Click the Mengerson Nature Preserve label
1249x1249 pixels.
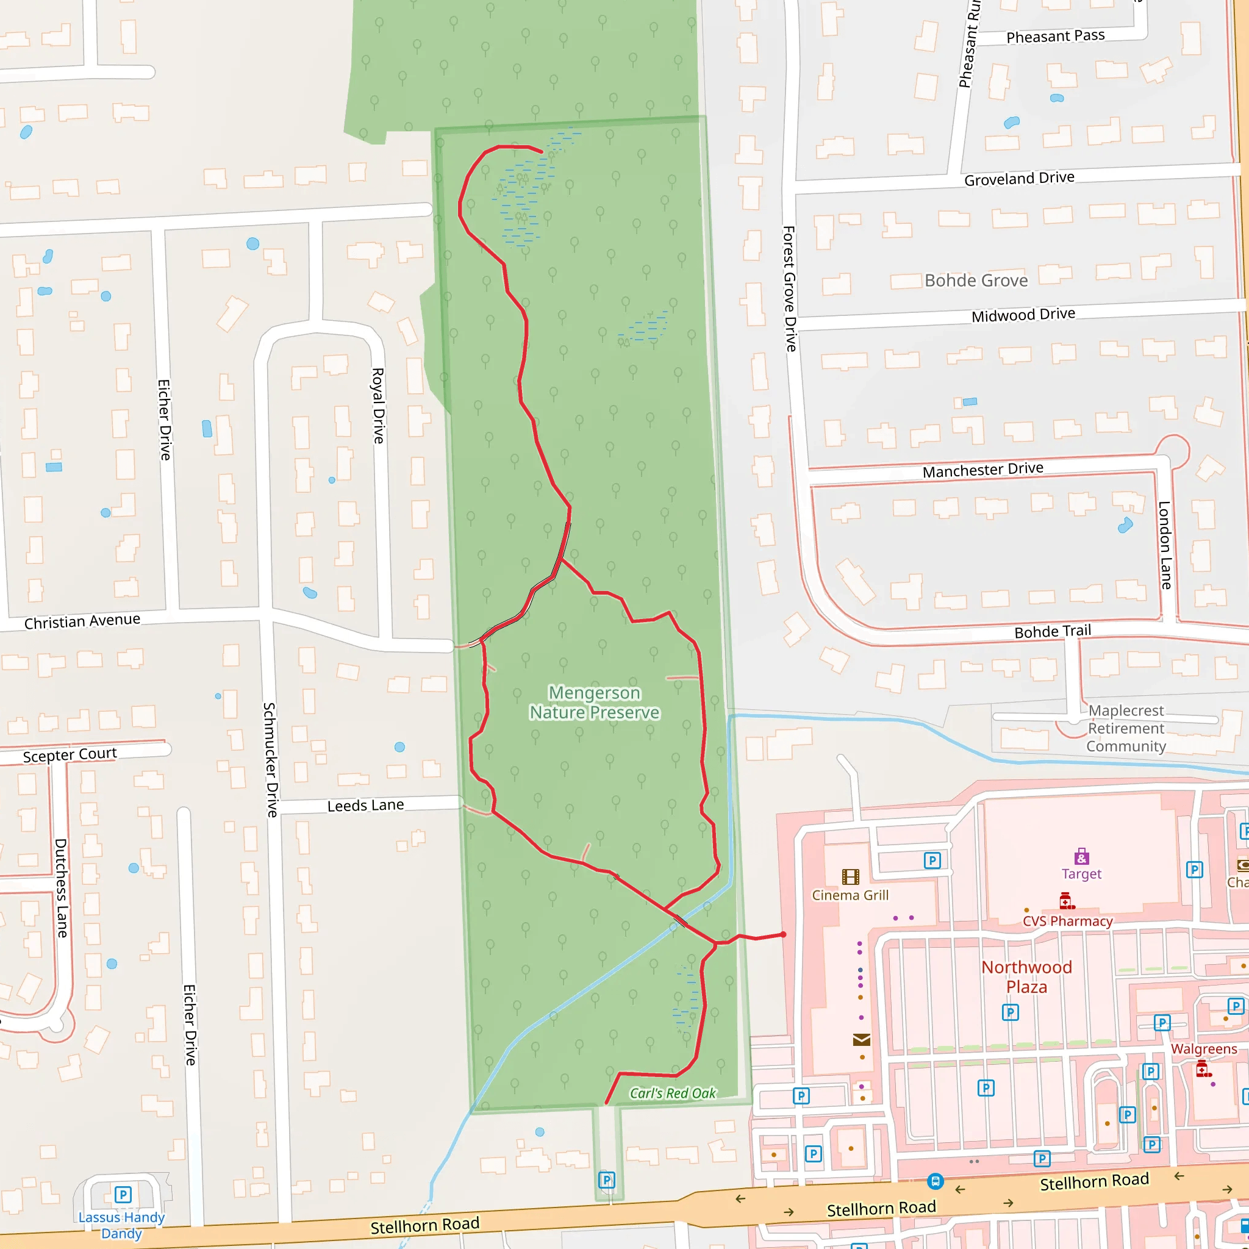point(594,702)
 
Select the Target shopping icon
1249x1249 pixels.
point(1081,857)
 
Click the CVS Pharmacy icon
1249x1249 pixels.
point(1067,901)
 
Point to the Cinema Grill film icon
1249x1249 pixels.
point(851,876)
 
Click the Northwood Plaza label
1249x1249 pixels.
point(1026,977)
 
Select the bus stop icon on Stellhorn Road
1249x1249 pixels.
point(936,1181)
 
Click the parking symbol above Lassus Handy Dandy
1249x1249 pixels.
point(123,1194)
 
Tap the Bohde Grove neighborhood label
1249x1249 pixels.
point(976,281)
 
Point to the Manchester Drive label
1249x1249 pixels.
point(982,470)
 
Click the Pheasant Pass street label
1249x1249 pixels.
point(1056,36)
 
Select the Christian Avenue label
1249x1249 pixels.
point(82,621)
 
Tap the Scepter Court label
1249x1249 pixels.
point(70,754)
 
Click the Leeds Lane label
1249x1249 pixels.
point(365,805)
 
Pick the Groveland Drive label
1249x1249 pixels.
point(1020,178)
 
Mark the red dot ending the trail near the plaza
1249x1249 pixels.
point(784,934)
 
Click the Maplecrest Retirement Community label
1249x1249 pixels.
point(1126,728)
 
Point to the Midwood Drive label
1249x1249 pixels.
point(1023,315)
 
